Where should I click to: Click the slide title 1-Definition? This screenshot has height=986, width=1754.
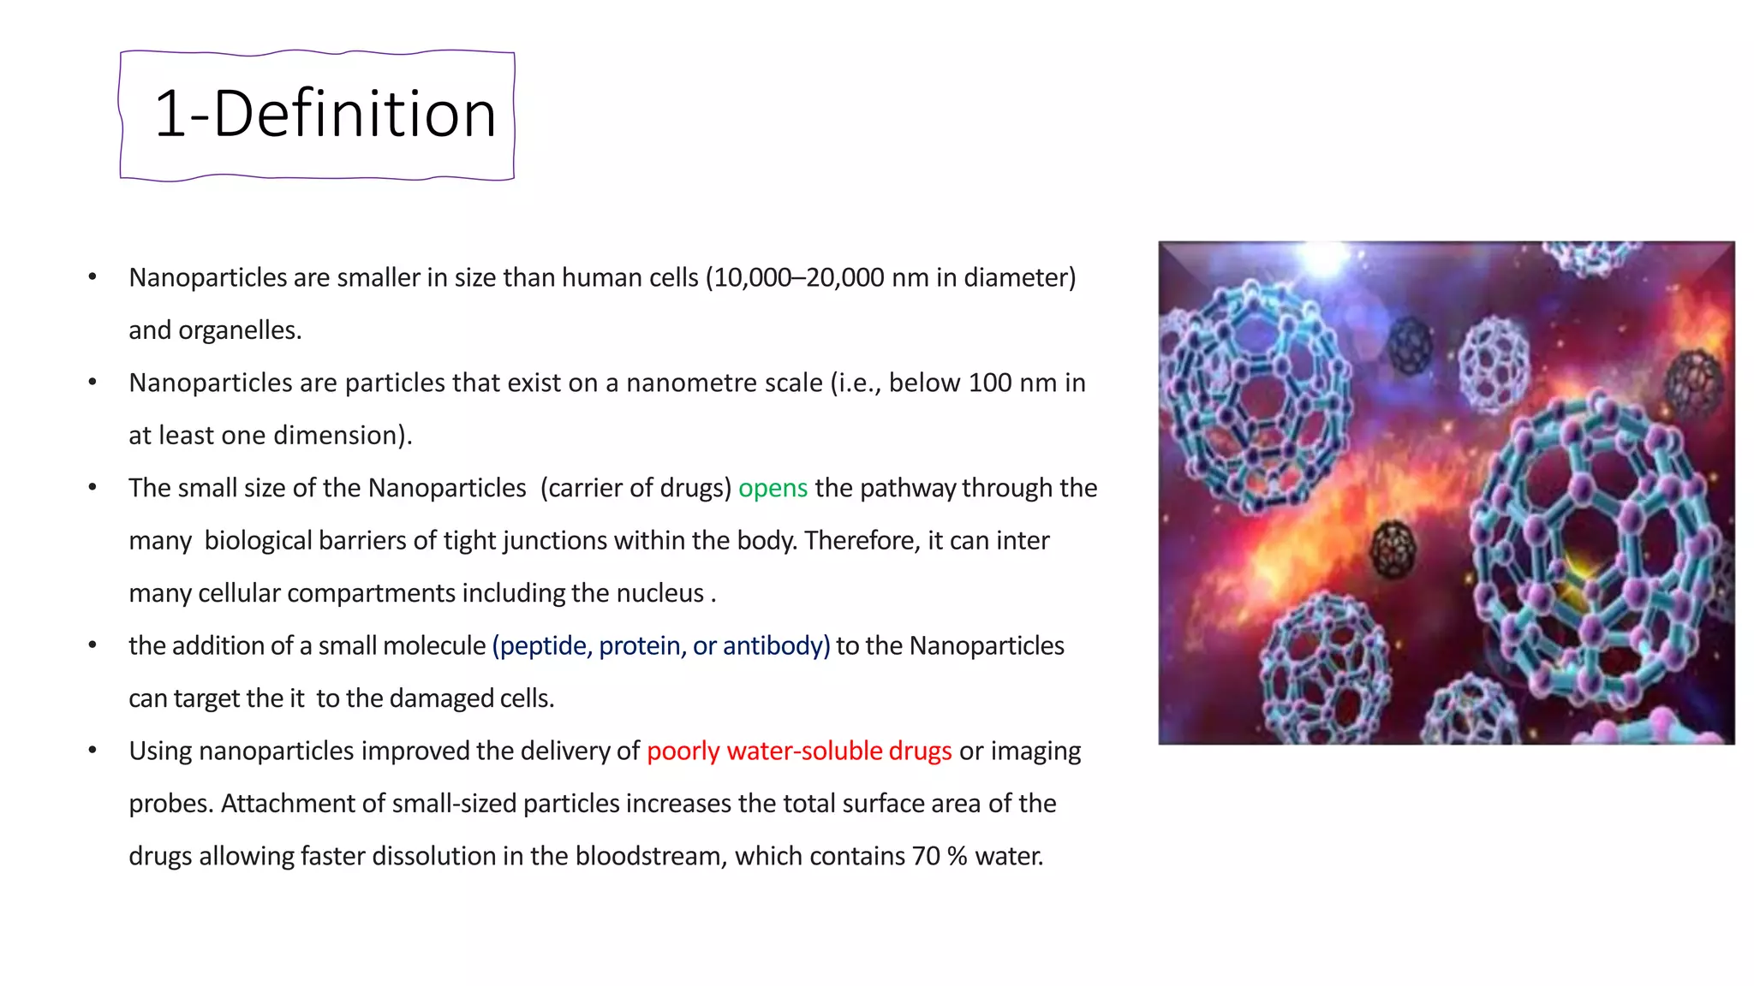point(325,115)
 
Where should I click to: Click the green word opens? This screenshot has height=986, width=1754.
point(773,488)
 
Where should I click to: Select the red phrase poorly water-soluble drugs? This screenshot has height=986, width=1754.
point(798,751)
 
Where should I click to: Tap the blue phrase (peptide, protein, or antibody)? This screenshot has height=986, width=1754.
point(660,645)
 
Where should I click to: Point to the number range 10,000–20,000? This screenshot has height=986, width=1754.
point(795,277)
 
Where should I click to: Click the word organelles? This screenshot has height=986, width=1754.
point(239,330)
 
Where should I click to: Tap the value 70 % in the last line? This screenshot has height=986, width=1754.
point(939,856)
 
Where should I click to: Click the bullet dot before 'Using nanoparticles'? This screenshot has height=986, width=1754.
point(92,751)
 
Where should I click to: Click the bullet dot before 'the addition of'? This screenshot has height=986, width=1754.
point(92,645)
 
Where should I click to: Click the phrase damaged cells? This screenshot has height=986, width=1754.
point(471,698)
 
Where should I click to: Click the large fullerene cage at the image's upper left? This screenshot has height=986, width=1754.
point(1250,394)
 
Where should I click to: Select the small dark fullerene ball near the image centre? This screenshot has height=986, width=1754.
point(1393,549)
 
